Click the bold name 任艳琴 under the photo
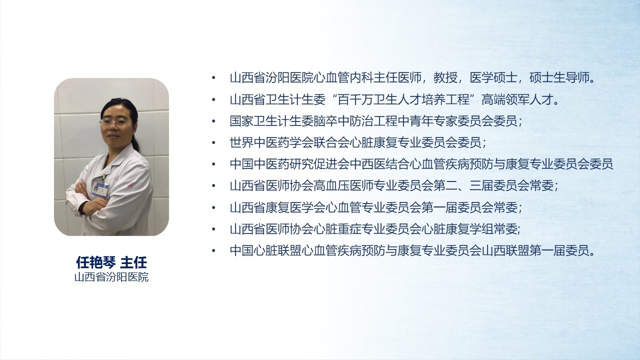[x=95, y=262]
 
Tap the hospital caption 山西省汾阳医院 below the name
[x=111, y=277]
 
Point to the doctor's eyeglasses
[x=116, y=123]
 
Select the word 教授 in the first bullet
[x=445, y=77]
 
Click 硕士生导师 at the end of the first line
[x=559, y=77]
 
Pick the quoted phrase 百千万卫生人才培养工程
[x=403, y=99]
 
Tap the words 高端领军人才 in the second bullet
[x=517, y=99]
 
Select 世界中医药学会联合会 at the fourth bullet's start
[x=289, y=142]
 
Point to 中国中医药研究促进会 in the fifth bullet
[x=289, y=164]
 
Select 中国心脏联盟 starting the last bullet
[x=265, y=251]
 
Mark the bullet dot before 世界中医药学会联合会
[x=213, y=142]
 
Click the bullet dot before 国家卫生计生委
[x=213, y=121]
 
